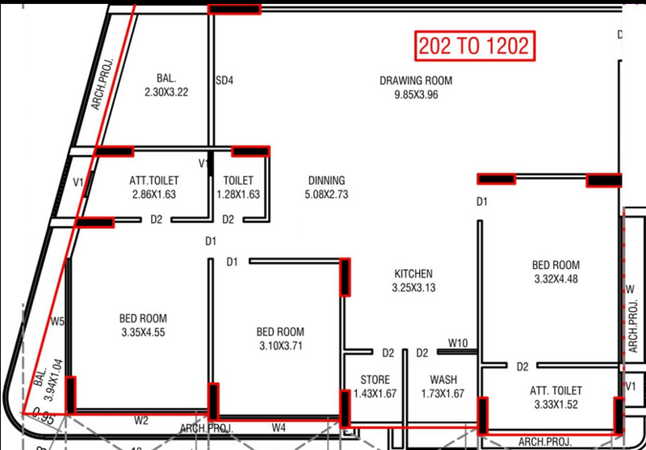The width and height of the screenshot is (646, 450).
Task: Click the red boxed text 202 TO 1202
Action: pyautogui.click(x=475, y=46)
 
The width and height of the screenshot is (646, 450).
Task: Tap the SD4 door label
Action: pyautogui.click(x=224, y=80)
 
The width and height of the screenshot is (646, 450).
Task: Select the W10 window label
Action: pyautogui.click(x=457, y=343)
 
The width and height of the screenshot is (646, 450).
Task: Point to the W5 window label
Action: pyautogui.click(x=57, y=322)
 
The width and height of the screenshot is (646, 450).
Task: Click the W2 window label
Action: pyautogui.click(x=141, y=421)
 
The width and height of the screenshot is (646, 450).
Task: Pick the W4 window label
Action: pyautogui.click(x=279, y=428)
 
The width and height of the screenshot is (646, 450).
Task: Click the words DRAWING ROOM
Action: pyautogui.click(x=416, y=80)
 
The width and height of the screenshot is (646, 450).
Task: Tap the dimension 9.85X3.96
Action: pyautogui.click(x=416, y=95)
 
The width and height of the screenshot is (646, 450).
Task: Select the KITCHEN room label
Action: pyautogui.click(x=413, y=274)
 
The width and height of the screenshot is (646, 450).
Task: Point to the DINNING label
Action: pyautogui.click(x=327, y=180)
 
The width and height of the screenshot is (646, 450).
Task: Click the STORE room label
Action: pyautogui.click(x=375, y=380)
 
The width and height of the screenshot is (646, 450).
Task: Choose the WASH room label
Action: pyautogui.click(x=443, y=380)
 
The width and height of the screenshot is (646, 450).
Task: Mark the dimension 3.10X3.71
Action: pyautogui.click(x=280, y=346)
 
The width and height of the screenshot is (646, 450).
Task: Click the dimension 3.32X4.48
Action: pyautogui.click(x=556, y=279)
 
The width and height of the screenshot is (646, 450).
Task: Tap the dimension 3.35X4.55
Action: pyautogui.click(x=143, y=332)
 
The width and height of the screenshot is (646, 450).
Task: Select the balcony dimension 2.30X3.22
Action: pyautogui.click(x=166, y=92)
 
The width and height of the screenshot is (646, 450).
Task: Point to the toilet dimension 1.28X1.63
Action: pyautogui.click(x=238, y=194)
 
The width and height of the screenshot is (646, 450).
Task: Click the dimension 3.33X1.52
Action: pyautogui.click(x=556, y=404)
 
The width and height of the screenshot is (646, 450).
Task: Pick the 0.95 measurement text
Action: pyautogui.click(x=43, y=417)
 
